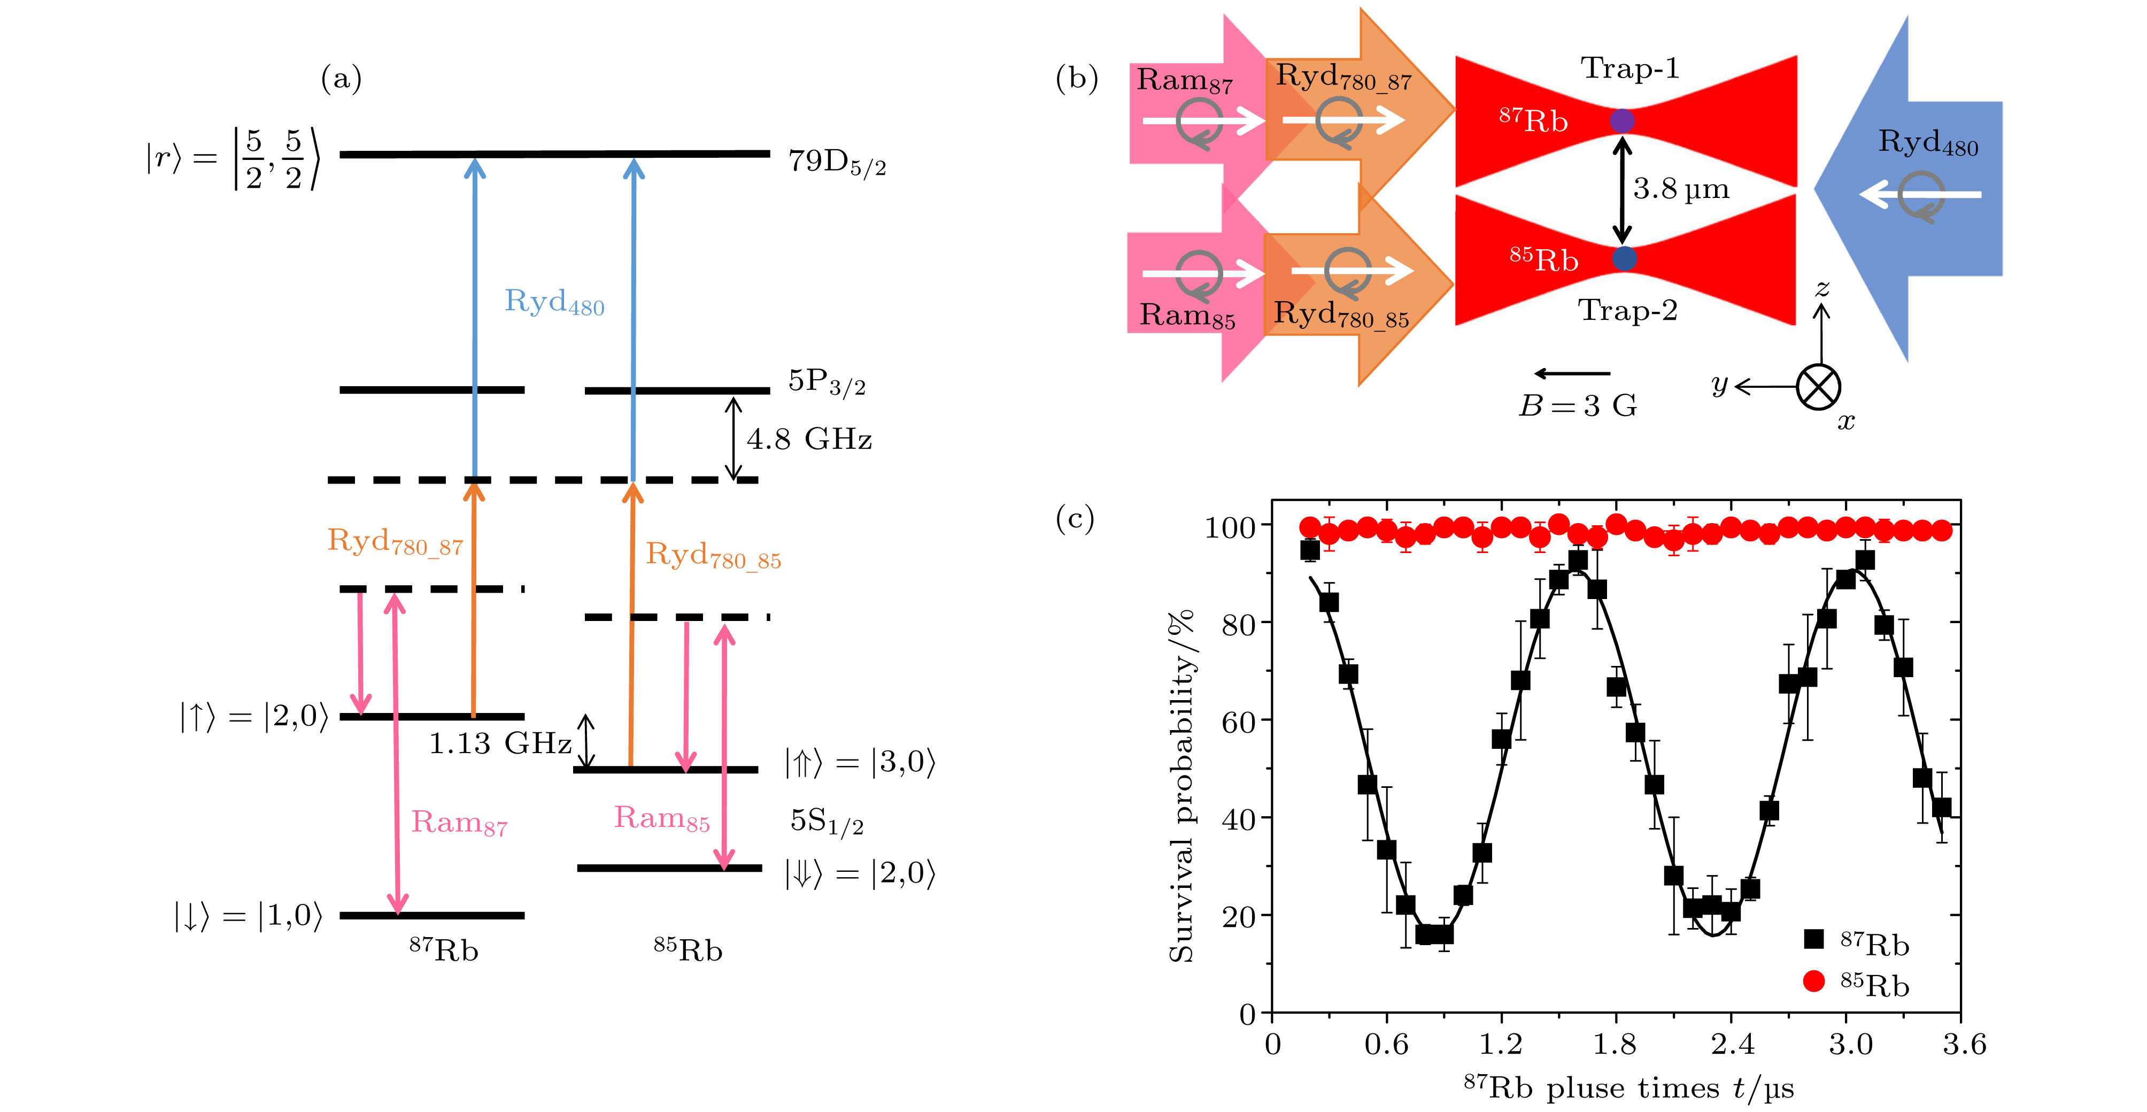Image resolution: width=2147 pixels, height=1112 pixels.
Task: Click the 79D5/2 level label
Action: pos(836,161)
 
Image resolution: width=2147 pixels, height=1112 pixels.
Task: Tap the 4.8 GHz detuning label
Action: pos(808,439)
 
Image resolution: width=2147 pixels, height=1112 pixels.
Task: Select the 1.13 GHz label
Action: pos(499,743)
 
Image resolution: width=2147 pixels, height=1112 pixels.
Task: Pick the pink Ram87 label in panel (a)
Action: pos(458,823)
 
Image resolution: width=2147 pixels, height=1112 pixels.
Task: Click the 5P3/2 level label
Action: pos(826,382)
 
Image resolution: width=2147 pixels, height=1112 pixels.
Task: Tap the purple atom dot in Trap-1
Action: pos(1621,121)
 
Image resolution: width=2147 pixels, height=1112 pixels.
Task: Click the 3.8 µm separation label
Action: pos(1680,189)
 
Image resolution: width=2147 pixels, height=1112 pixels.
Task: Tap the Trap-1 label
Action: pos(1629,68)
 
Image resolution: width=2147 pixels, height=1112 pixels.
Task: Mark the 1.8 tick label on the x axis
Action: pos(1615,1045)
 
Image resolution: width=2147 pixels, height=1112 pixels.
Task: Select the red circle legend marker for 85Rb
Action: pos(1813,981)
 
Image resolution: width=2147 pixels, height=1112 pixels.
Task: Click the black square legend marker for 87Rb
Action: pos(1813,939)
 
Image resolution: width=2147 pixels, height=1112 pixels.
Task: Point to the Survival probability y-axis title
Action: pos(1181,785)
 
